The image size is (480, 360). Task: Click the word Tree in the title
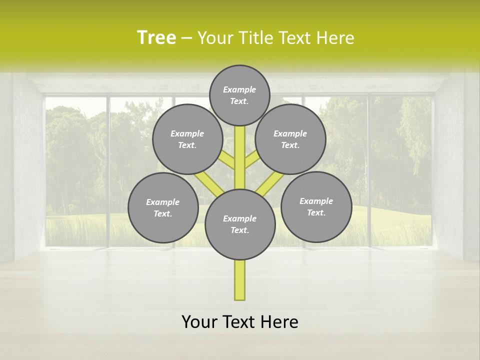pyautogui.click(x=156, y=37)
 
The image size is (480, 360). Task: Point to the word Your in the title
pyautogui.click(x=214, y=37)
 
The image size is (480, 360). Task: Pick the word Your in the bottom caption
pyautogui.click(x=199, y=322)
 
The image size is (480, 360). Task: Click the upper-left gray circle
pyautogui.click(x=187, y=139)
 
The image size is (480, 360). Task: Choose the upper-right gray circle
pyautogui.click(x=290, y=139)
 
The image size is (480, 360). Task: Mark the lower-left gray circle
pyautogui.click(x=163, y=207)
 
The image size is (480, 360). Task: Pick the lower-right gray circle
pyautogui.click(x=316, y=206)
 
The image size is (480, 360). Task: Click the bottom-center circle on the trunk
pyautogui.click(x=240, y=224)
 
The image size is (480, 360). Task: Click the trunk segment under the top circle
pyautogui.click(x=240, y=150)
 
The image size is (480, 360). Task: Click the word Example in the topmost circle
pyautogui.click(x=239, y=89)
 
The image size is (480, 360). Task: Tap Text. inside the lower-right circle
pyautogui.click(x=316, y=212)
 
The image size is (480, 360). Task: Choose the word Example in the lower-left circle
pyautogui.click(x=162, y=202)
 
